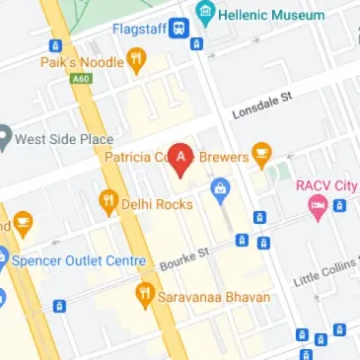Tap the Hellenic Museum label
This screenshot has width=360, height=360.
tap(272, 15)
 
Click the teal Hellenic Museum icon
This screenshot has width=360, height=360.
tap(206, 15)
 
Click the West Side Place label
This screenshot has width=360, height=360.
tap(63, 139)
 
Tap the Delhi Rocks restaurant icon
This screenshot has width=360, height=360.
tap(108, 203)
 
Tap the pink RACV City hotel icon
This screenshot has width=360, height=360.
tap(317, 206)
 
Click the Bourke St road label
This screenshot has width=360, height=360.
tap(185, 257)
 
